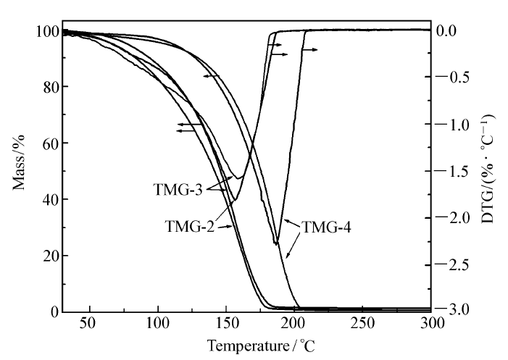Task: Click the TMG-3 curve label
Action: point(178,189)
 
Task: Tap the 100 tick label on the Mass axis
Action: point(46,31)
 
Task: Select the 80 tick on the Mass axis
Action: point(49,87)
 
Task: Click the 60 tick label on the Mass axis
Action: point(49,143)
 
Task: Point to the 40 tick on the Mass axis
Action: point(49,199)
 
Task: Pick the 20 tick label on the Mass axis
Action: point(49,256)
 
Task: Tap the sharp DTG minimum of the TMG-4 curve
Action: point(276,243)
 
